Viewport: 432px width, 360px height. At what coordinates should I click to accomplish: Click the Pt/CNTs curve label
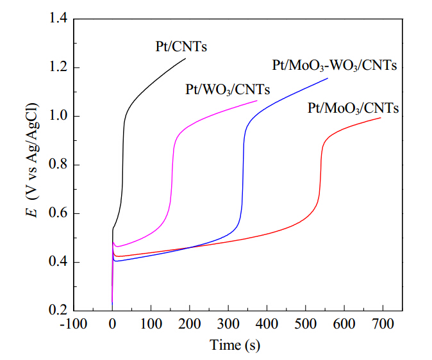point(181,47)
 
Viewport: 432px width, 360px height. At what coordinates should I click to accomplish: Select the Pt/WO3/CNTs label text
point(228,90)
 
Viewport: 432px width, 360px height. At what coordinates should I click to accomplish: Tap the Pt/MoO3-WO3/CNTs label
point(335,66)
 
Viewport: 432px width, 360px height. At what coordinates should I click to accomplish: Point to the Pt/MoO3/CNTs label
point(353,108)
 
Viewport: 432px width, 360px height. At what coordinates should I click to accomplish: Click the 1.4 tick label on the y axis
point(58,19)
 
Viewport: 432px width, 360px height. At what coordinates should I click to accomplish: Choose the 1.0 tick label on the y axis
point(58,116)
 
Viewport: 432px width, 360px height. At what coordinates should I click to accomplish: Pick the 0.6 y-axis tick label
point(58,213)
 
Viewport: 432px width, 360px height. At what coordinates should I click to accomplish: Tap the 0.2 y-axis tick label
point(58,310)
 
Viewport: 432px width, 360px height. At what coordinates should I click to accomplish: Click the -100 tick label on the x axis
point(74,324)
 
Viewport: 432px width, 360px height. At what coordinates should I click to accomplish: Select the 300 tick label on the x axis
point(228,324)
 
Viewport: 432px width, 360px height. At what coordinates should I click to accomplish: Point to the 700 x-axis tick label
point(383,324)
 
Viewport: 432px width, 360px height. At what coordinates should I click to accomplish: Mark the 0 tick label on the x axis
point(112,324)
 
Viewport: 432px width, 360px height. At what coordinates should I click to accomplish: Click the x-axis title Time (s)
point(235,345)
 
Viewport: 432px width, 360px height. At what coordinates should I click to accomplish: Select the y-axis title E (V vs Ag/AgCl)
point(32,160)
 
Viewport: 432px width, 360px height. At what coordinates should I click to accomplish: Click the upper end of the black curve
point(185,58)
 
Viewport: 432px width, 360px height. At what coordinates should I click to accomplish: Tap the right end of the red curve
point(381,118)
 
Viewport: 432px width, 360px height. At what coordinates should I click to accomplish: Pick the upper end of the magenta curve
point(257,101)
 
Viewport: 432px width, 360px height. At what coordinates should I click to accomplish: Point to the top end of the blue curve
point(328,78)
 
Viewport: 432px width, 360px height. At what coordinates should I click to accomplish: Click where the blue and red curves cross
point(190,248)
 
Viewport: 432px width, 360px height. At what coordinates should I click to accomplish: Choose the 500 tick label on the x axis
point(306,324)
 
